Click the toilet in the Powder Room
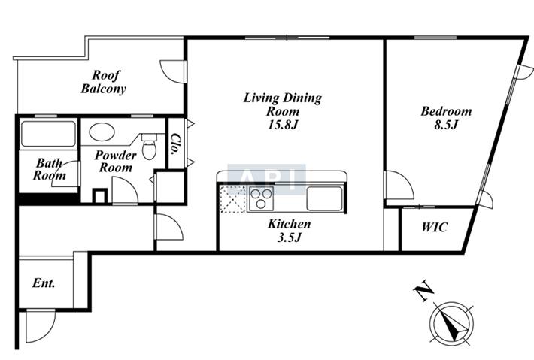click(149, 147)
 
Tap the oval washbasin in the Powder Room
click(102, 132)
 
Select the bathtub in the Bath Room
click(48, 134)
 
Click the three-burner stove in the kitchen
click(261, 198)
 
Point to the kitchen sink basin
click(324, 198)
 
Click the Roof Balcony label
click(104, 82)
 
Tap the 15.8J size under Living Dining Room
click(283, 126)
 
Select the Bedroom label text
click(446, 111)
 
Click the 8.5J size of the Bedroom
click(446, 125)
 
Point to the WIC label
click(435, 227)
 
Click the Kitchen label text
click(289, 224)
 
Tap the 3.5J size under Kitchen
click(289, 237)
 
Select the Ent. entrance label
click(44, 283)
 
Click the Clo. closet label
click(176, 144)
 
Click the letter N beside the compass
click(423, 292)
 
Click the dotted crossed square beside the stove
click(233, 199)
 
